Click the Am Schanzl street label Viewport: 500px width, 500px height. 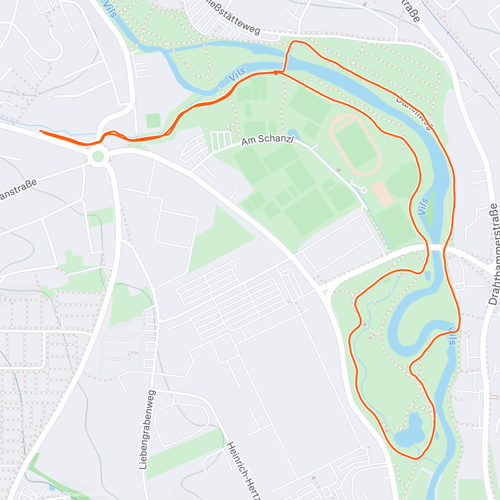click(x=267, y=140)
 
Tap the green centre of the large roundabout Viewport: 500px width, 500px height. click(x=98, y=157)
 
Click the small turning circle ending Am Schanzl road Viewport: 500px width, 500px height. click(x=364, y=190)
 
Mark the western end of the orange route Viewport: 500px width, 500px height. click(x=40, y=131)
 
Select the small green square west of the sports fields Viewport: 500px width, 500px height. click(x=153, y=121)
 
